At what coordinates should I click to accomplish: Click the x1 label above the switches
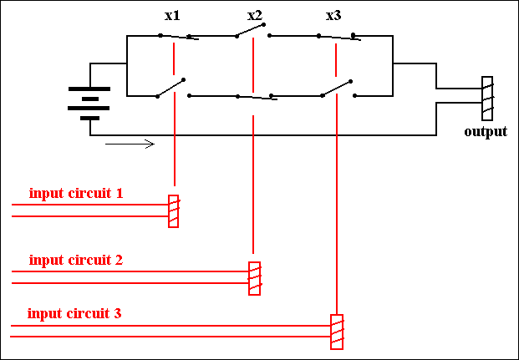pyautogui.click(x=172, y=16)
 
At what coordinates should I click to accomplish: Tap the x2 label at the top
pyautogui.click(x=255, y=16)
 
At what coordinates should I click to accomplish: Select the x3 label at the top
pyautogui.click(x=333, y=16)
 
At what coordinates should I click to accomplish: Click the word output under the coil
pyautogui.click(x=486, y=132)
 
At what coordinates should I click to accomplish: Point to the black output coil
pyautogui.click(x=487, y=99)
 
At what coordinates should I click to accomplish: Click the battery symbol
pyautogui.click(x=89, y=104)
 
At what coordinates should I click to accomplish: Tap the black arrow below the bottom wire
pyautogui.click(x=130, y=144)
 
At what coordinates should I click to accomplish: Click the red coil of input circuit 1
pyautogui.click(x=174, y=211)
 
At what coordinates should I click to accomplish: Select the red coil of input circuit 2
pyautogui.click(x=255, y=278)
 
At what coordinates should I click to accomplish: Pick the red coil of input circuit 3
pyautogui.click(x=337, y=332)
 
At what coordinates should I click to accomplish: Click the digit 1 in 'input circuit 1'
pyautogui.click(x=120, y=193)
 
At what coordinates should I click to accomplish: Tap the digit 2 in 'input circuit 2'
pyautogui.click(x=120, y=260)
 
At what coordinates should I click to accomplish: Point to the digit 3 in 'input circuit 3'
pyautogui.click(x=118, y=313)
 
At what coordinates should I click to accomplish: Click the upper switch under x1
pyautogui.click(x=179, y=37)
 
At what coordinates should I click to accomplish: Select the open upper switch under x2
pyautogui.click(x=253, y=30)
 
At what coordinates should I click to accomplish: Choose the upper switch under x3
pyautogui.click(x=339, y=37)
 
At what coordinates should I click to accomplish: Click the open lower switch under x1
pyautogui.click(x=174, y=88)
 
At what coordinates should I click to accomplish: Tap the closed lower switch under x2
pyautogui.click(x=257, y=97)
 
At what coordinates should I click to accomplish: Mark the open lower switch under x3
pyautogui.click(x=338, y=89)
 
